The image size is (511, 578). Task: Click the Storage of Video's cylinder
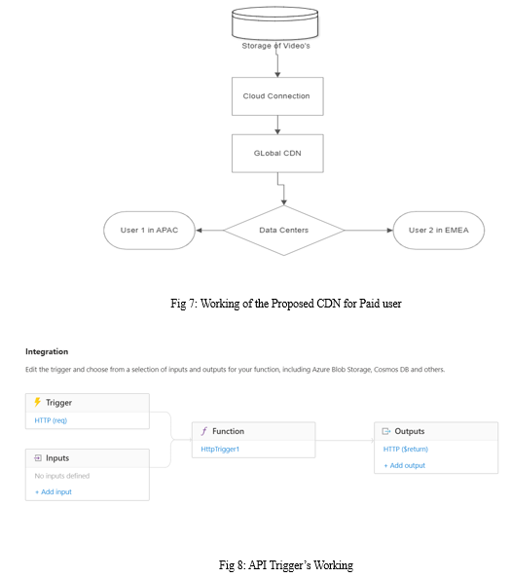(x=274, y=22)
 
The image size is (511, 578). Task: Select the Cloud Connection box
(x=277, y=96)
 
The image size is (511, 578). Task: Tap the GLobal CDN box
(x=277, y=154)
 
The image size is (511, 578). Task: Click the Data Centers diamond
(x=284, y=231)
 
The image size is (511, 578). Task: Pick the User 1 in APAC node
(x=149, y=231)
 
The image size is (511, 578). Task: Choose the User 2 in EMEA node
(x=439, y=231)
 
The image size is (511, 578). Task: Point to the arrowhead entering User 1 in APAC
(x=199, y=231)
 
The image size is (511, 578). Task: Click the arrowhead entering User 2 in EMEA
(x=389, y=231)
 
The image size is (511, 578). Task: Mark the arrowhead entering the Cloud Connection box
(x=277, y=75)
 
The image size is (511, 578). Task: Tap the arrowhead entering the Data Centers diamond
(x=284, y=202)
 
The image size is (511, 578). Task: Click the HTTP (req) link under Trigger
(x=51, y=420)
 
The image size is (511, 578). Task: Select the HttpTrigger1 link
(x=220, y=449)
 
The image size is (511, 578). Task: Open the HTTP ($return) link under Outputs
(x=406, y=449)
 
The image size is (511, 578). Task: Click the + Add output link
(x=405, y=465)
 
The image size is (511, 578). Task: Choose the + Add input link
(x=54, y=491)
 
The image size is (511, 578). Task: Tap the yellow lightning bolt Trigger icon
(x=37, y=402)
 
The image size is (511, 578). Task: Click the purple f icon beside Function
(x=203, y=431)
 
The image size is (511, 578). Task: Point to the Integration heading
(x=47, y=351)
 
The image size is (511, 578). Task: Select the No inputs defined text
(x=62, y=476)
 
